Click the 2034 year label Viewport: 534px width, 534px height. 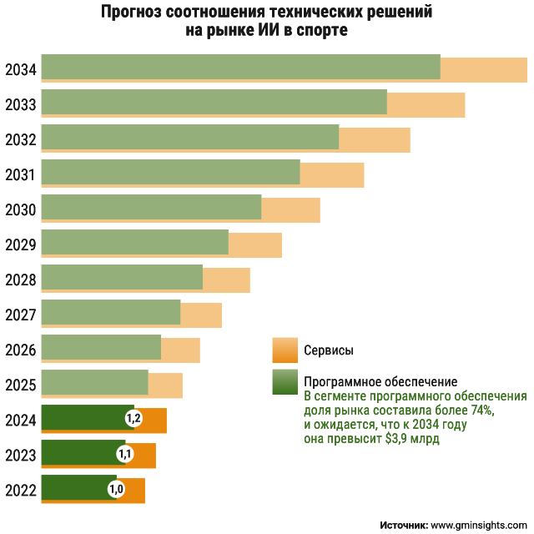coord(20,69)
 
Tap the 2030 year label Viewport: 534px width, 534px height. coord(20,209)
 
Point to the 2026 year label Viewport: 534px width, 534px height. coord(20,350)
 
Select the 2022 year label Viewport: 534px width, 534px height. coord(20,490)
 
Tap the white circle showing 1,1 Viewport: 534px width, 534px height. coord(125,454)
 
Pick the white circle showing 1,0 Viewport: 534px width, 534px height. coord(116,489)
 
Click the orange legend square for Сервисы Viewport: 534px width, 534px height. coord(285,350)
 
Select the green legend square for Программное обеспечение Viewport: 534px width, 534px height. coord(285,381)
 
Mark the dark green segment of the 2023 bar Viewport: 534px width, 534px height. coord(79,454)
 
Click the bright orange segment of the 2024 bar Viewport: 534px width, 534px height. coord(154,420)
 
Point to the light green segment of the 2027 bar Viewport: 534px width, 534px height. coord(110,314)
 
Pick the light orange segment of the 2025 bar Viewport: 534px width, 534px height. coord(165,385)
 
